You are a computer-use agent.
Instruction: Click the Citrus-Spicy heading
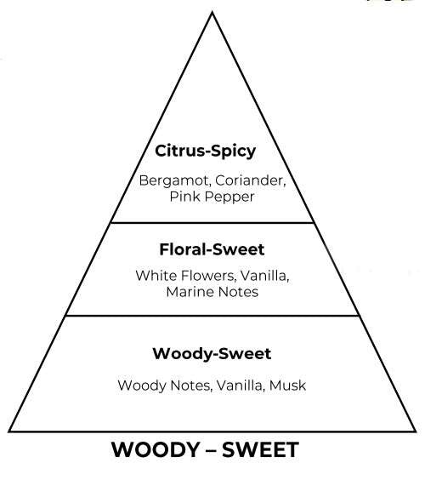[x=205, y=151]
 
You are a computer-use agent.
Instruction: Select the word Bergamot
[x=174, y=180]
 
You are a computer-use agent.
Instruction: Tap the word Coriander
[x=251, y=180]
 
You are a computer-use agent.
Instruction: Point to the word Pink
[x=185, y=197]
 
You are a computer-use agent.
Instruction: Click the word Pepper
[x=229, y=197]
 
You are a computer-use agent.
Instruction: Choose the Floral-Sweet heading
[x=212, y=249]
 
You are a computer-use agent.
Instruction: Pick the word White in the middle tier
[x=156, y=276]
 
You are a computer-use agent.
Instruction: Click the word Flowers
[x=209, y=276]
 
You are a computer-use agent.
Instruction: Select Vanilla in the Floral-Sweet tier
[x=264, y=276]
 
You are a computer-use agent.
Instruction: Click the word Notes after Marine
[x=238, y=292]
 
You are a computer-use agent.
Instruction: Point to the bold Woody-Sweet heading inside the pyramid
[x=212, y=353]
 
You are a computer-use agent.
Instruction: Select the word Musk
[x=287, y=386]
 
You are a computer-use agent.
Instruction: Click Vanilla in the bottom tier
[x=241, y=386]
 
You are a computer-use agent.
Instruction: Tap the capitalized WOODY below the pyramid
[x=156, y=449]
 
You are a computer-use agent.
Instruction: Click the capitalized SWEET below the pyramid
[x=260, y=449]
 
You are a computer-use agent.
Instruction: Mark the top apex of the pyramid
[x=212, y=12]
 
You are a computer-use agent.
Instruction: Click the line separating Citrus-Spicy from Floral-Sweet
[x=212, y=222]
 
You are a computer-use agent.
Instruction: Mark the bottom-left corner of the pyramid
[x=9, y=431]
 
